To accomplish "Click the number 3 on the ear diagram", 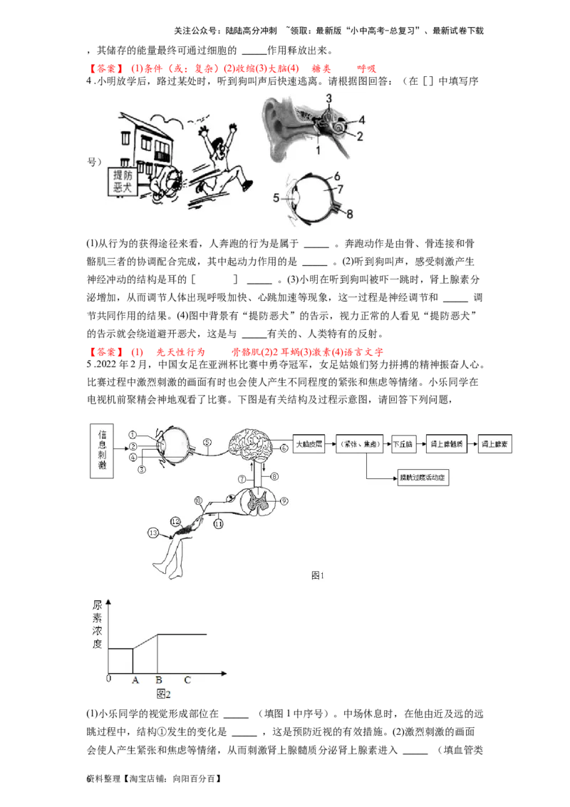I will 329,98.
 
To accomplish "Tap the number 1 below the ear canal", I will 318,150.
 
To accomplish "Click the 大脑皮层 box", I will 309,443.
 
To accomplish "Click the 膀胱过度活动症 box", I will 424,478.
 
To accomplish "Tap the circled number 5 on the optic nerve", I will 207,441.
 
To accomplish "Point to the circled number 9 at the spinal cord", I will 284,500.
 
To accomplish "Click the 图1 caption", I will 318,575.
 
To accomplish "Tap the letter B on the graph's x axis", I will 158,680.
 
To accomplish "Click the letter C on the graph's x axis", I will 187,680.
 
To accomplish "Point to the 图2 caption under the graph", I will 164,694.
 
